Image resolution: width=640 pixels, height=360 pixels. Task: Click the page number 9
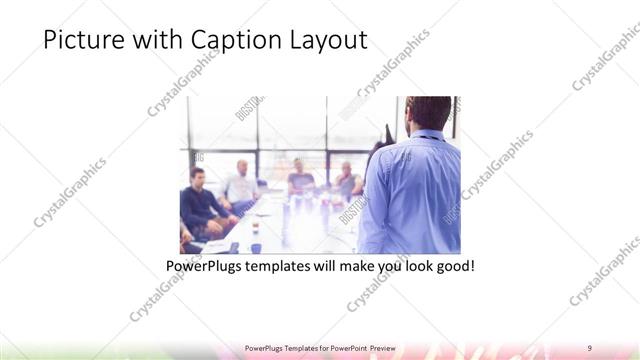[590, 347]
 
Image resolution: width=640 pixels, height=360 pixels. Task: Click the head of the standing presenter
[429, 113]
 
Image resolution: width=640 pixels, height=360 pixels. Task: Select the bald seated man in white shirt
[241, 183]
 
